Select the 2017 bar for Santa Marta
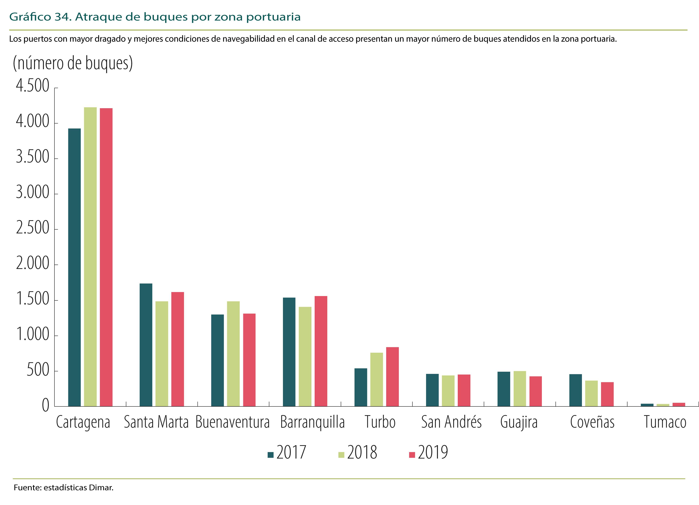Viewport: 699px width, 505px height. point(146,345)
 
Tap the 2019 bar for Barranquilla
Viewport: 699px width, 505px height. point(321,351)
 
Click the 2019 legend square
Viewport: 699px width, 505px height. point(412,455)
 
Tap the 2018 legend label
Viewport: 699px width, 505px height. point(362,452)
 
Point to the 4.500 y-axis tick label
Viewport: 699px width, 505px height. point(33,85)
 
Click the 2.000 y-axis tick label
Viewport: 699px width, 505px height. point(33,263)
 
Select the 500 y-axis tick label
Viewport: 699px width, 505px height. point(38,370)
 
